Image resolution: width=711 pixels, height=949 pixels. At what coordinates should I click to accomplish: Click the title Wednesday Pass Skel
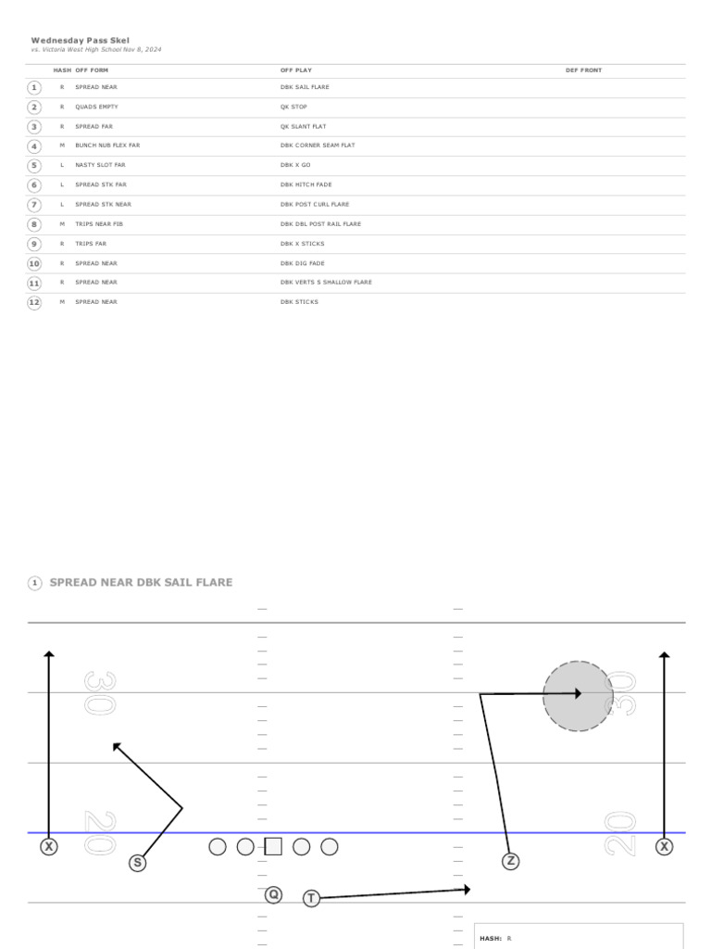pyautogui.click(x=81, y=41)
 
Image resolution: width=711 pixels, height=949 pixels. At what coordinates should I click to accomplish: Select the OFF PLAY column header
pyautogui.click(x=296, y=70)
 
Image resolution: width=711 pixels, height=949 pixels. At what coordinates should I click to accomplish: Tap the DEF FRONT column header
pyautogui.click(x=583, y=70)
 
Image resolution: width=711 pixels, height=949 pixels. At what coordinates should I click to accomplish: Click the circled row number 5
pyautogui.click(x=34, y=166)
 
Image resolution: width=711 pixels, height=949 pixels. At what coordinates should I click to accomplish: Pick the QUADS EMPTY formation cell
pyautogui.click(x=96, y=107)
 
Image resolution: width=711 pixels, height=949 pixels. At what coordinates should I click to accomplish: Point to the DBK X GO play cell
pyautogui.click(x=295, y=165)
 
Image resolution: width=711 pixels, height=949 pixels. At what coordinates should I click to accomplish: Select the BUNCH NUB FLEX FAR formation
pyautogui.click(x=107, y=146)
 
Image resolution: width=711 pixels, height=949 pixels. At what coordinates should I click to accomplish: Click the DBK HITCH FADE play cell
pyautogui.click(x=306, y=184)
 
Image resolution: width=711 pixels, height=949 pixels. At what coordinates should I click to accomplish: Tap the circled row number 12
pyautogui.click(x=34, y=302)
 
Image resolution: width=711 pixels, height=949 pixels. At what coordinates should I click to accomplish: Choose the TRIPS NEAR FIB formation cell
pyautogui.click(x=99, y=224)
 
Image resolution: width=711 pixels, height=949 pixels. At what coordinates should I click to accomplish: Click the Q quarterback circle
pyautogui.click(x=273, y=894)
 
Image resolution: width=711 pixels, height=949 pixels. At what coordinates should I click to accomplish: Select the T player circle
pyautogui.click(x=311, y=898)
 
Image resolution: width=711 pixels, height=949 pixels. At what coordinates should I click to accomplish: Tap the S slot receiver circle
pyautogui.click(x=138, y=863)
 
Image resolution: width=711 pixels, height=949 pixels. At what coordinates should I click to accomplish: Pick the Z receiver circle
pyautogui.click(x=510, y=861)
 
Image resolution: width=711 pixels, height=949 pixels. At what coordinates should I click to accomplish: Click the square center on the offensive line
pyautogui.click(x=273, y=847)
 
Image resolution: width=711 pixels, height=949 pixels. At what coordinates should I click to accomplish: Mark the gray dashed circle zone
pyautogui.click(x=578, y=696)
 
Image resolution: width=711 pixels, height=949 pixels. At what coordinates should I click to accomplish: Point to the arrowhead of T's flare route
pyautogui.click(x=468, y=889)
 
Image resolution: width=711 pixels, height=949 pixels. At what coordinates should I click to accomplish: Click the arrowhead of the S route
pyautogui.click(x=116, y=746)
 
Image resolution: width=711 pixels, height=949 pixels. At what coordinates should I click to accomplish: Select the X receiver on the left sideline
pyautogui.click(x=49, y=847)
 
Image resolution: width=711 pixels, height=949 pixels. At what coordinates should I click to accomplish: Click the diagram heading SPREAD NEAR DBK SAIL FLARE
pyautogui.click(x=141, y=582)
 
